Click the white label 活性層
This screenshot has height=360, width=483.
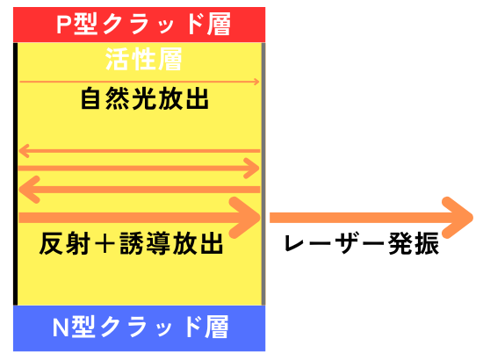tap(143, 59)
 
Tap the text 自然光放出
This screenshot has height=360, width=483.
tap(145, 98)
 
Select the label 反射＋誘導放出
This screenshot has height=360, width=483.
tap(131, 243)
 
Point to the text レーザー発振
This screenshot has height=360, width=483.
tap(362, 243)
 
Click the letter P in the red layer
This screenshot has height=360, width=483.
tap(64, 24)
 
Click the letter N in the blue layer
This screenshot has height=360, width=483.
tap(61, 327)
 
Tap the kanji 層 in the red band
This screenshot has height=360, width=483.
tap(219, 24)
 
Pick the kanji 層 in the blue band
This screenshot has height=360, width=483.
tap(217, 327)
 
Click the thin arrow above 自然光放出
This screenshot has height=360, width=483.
tap(140, 82)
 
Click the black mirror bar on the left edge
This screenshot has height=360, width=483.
tap(16, 174)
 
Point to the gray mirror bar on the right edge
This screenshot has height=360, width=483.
tap(263, 174)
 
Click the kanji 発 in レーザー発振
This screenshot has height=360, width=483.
tap(400, 243)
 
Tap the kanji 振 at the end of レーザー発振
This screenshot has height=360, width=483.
tap(427, 243)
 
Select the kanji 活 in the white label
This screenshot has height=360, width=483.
tap(118, 59)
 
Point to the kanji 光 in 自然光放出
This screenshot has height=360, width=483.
tap(145, 98)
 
